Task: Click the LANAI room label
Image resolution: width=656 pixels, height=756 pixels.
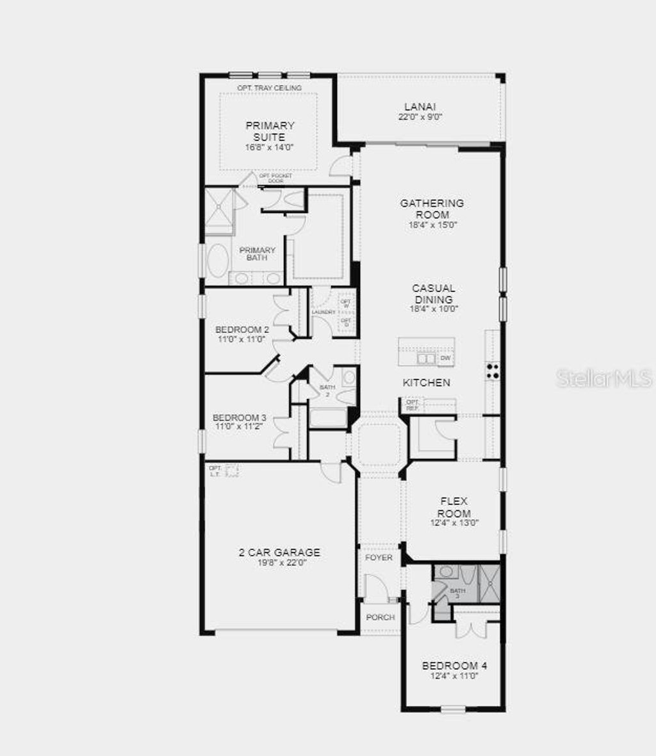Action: pyautogui.click(x=420, y=107)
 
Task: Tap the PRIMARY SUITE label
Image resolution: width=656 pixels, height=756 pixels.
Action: pyautogui.click(x=270, y=131)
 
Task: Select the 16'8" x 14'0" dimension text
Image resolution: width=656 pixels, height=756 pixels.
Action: pyautogui.click(x=270, y=147)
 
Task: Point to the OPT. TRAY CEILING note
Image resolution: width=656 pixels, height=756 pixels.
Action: pyautogui.click(x=269, y=88)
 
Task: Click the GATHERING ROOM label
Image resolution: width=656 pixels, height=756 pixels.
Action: pyautogui.click(x=432, y=209)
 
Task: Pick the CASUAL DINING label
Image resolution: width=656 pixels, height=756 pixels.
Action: pyautogui.click(x=434, y=294)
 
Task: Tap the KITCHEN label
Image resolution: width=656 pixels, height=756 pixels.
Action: pyautogui.click(x=426, y=383)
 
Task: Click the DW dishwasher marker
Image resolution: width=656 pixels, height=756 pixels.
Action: pyautogui.click(x=445, y=358)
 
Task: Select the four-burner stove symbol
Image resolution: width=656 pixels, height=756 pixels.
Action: pyautogui.click(x=493, y=371)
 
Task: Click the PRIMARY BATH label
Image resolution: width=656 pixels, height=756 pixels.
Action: pyautogui.click(x=258, y=253)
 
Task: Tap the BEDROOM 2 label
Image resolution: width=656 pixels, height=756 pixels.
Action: pyautogui.click(x=242, y=330)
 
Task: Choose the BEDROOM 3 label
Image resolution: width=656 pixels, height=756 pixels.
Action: pyautogui.click(x=240, y=418)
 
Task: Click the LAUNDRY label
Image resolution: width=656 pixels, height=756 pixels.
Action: pyautogui.click(x=324, y=312)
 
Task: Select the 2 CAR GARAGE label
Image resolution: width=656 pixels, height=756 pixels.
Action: pyautogui.click(x=279, y=552)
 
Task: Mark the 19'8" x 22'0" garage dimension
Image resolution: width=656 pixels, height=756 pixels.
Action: pyautogui.click(x=279, y=563)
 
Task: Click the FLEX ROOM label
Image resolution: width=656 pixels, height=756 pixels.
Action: pyautogui.click(x=454, y=507)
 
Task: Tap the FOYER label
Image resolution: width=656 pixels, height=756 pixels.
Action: pyautogui.click(x=379, y=558)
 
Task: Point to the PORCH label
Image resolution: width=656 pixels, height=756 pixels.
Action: pyautogui.click(x=380, y=617)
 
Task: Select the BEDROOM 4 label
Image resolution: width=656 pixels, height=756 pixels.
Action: pyautogui.click(x=450, y=666)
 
